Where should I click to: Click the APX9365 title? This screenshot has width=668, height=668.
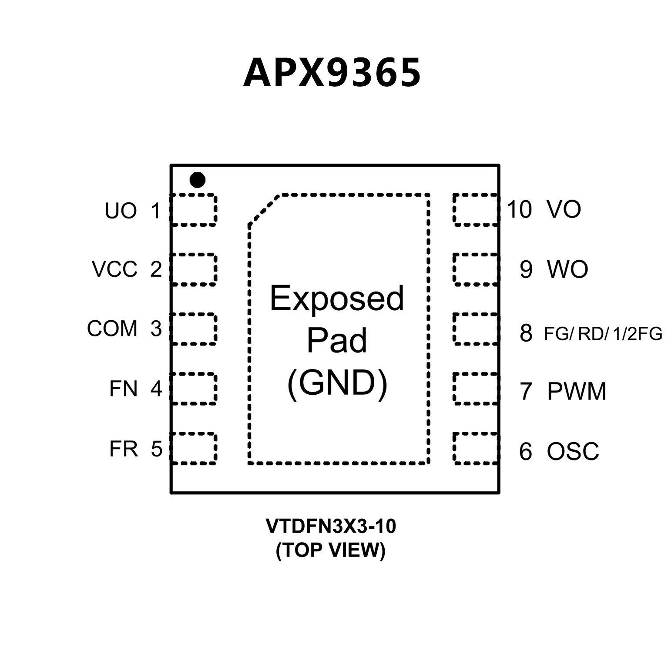332,73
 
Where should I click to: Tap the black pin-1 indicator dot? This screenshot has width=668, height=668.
197,180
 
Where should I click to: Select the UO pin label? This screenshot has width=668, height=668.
121,211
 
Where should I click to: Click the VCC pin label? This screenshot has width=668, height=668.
114,269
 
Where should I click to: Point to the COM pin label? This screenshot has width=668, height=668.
112,329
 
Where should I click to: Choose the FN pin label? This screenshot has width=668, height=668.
123,389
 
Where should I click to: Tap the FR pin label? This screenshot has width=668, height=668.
123,449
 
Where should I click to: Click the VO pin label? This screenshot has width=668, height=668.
564,209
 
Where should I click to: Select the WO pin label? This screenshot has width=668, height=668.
567,269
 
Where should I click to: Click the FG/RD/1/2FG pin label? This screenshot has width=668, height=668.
603,334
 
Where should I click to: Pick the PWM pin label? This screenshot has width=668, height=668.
577,391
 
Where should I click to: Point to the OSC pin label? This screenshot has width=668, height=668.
573,451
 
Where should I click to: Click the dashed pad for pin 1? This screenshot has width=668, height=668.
194,210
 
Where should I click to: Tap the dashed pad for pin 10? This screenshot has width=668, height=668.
475,210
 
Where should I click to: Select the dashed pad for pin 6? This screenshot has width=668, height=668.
475,448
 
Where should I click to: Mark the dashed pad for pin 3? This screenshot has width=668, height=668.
194,329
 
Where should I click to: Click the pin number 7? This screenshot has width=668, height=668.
526,391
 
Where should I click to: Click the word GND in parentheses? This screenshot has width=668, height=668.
337,383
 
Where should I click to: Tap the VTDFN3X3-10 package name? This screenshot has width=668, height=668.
331,527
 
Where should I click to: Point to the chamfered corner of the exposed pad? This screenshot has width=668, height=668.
263,210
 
